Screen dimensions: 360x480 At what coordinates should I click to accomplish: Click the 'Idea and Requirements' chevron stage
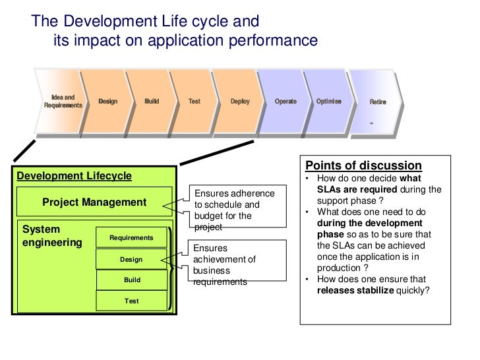point(63,102)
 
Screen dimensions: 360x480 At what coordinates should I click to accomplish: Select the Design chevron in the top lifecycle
point(108,102)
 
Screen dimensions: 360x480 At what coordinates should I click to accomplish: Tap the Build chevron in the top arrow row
point(152,102)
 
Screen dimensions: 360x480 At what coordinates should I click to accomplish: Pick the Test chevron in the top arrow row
point(195,102)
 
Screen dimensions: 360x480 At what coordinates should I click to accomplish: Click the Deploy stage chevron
point(240,102)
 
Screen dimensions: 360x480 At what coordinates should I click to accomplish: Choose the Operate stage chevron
point(285,102)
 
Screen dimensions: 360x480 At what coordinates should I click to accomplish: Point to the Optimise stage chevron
point(329,102)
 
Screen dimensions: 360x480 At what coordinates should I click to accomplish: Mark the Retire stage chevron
point(378,102)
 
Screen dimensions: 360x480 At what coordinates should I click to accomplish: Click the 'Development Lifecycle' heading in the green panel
point(74,176)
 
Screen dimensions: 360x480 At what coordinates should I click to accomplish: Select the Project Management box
point(94,202)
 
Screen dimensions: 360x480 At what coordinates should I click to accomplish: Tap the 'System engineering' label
point(52,236)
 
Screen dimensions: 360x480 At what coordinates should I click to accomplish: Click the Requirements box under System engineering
point(131,237)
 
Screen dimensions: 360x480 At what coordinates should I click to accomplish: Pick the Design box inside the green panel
point(131,259)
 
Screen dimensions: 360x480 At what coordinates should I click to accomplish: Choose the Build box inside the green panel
point(132,280)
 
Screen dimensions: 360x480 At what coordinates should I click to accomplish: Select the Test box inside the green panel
point(132,301)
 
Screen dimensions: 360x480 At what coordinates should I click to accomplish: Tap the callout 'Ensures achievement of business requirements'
point(230,265)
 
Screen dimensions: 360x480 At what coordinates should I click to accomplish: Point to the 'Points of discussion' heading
point(363,165)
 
